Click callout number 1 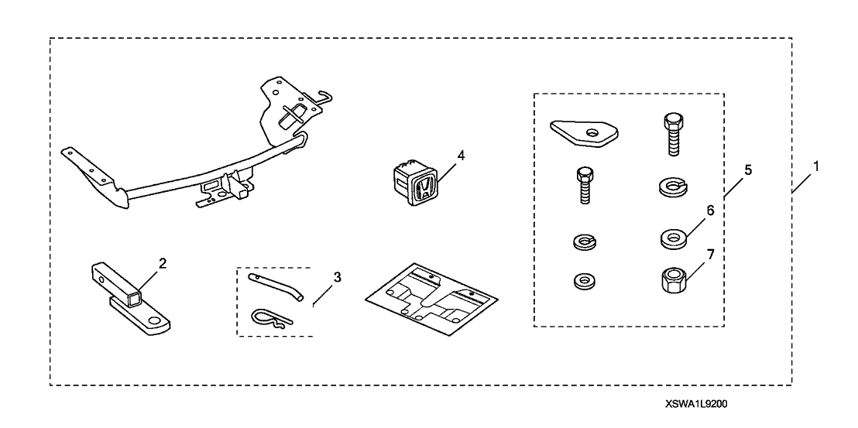(814, 166)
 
